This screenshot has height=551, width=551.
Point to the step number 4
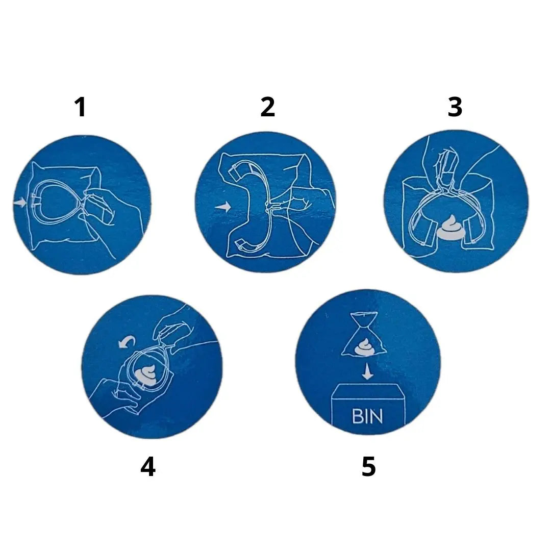click(148, 467)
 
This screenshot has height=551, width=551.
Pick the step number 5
click(369, 467)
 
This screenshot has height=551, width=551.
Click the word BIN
click(367, 416)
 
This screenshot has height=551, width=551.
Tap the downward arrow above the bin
click(367, 371)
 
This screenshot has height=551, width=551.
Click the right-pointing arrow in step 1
click(20, 203)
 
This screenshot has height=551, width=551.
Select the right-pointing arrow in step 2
click(223, 207)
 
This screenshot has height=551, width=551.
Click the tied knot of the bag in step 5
click(364, 318)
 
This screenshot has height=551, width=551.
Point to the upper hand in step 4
click(176, 327)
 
